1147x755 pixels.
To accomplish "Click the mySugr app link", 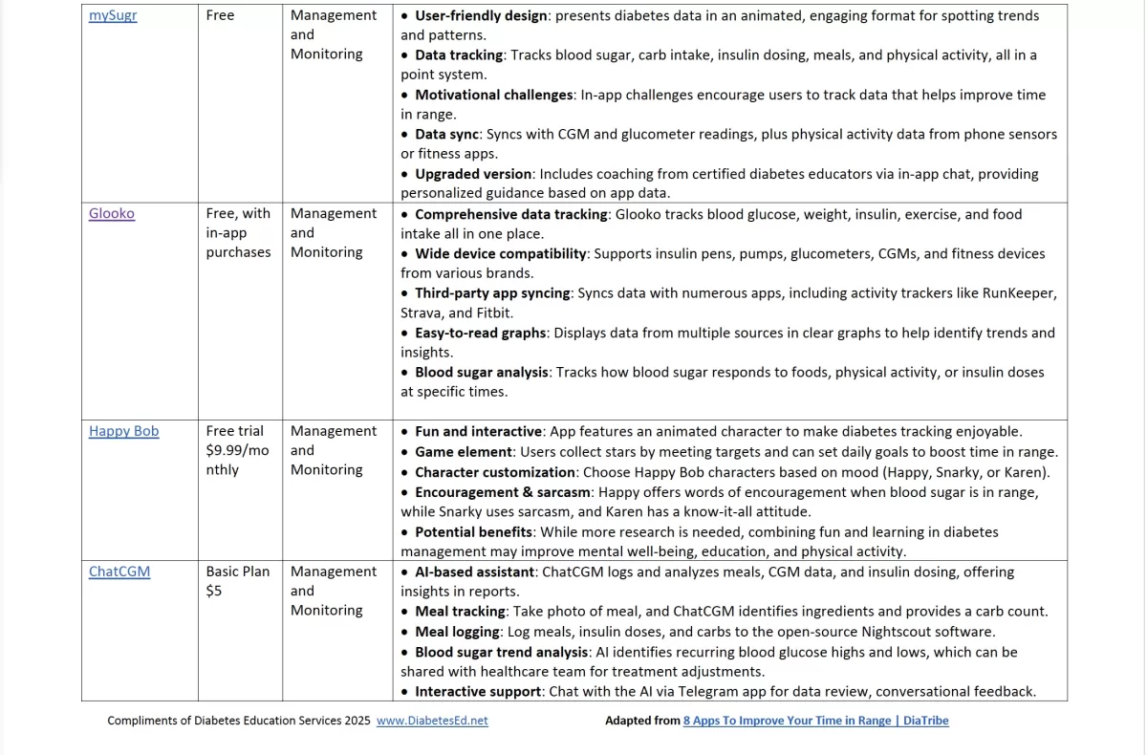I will tap(113, 16).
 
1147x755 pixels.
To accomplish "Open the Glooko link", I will tap(112, 214).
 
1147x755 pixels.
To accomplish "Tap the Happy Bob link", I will tap(123, 431).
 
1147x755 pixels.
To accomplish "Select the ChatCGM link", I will tap(119, 572).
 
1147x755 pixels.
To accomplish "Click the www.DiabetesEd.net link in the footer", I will tap(432, 721).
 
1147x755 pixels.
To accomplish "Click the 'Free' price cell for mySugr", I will tap(220, 16).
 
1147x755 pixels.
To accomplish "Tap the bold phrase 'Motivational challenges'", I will tap(493, 95).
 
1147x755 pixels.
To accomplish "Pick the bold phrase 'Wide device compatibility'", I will tap(500, 253).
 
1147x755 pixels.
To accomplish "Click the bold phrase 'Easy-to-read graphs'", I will tap(480, 333).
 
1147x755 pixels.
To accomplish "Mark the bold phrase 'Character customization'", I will tap(494, 472).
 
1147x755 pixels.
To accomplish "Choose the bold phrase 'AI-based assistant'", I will tap(474, 572).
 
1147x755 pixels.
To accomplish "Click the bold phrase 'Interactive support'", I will tap(482, 692).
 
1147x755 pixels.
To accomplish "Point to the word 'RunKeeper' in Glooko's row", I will tap(1019, 293).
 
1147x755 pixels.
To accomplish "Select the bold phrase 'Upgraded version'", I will tap(473, 174).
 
